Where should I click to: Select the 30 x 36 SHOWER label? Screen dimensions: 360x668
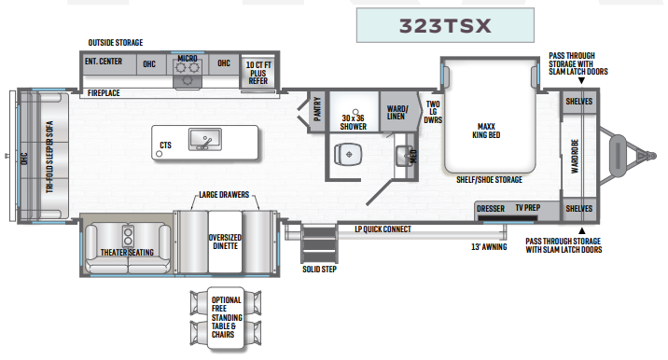353,121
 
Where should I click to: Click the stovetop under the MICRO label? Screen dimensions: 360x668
188,79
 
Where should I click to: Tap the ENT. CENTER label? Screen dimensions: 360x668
104,62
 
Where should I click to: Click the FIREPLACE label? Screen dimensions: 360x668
104,93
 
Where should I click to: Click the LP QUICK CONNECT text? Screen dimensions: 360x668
383,228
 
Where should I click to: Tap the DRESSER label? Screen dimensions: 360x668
491,208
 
